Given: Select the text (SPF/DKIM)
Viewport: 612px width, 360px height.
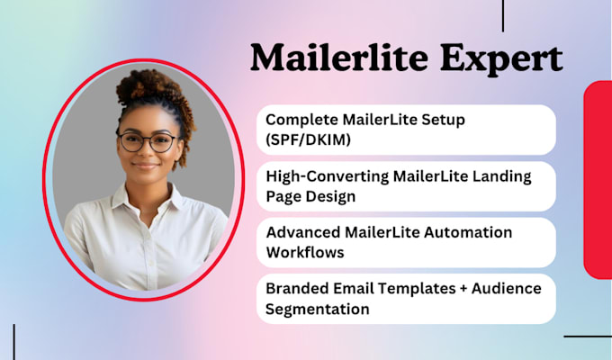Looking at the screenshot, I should [307, 139].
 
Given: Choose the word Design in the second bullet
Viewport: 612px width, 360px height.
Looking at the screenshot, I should [331, 195].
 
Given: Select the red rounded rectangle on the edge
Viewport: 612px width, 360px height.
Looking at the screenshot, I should [598, 179].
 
